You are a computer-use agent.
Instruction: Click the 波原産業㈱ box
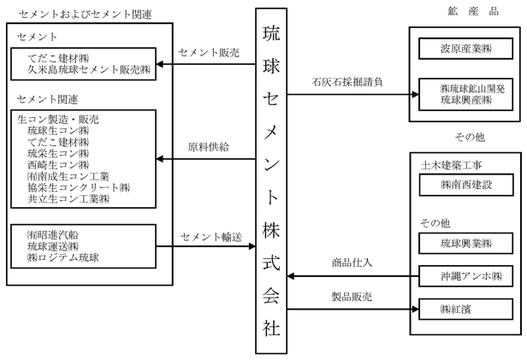point(465,49)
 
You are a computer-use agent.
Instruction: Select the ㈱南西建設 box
point(466,185)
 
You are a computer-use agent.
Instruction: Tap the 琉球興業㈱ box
point(465,243)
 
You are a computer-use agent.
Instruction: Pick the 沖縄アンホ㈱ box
point(465,276)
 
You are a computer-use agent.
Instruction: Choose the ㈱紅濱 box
point(465,309)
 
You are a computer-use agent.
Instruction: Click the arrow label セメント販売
point(209,53)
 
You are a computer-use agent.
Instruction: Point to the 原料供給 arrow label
point(209,147)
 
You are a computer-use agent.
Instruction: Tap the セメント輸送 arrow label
point(211,237)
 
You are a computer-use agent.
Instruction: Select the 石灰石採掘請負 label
point(347,82)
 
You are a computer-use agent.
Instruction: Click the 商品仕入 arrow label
point(352,263)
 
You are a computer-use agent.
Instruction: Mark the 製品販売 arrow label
point(352,297)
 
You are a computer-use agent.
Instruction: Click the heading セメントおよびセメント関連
point(86,15)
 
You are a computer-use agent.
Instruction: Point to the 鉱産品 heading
point(473,11)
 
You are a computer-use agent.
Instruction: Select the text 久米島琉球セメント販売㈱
point(89,69)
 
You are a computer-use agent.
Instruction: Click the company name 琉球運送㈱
point(53,246)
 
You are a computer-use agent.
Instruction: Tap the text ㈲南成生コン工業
point(68,176)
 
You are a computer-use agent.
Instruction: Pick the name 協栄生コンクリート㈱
point(79,188)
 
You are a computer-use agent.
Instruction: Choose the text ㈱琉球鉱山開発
point(472,89)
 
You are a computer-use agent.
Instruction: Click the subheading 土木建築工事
point(452,165)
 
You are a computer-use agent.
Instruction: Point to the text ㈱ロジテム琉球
point(63,257)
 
